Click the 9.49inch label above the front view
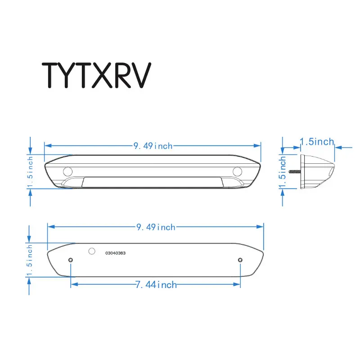(153, 145)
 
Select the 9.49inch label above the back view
(156, 227)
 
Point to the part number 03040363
(116, 253)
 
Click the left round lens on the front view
(67, 171)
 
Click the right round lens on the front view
(238, 171)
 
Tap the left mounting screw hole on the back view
(71, 260)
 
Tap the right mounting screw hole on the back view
(240, 260)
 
